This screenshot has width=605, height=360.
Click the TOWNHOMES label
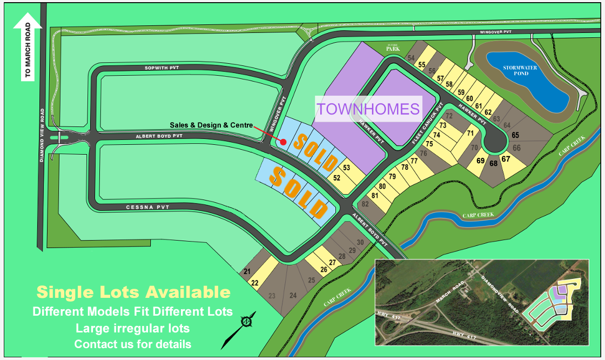coord(368,109)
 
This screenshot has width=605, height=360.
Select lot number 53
coord(346,168)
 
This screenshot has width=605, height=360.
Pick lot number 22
coord(255,282)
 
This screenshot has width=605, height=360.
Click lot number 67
coord(506,159)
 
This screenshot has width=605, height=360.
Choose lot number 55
coord(421,65)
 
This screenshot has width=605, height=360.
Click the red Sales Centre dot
coord(283,142)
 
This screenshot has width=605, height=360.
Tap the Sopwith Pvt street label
coord(162,68)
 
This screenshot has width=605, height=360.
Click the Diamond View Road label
coord(43,135)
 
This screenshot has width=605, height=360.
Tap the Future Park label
coord(392,49)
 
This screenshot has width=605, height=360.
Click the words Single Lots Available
coord(133,292)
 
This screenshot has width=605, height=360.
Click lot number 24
coord(293,296)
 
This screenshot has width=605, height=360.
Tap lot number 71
coord(470,133)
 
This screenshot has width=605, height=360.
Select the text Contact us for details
coord(132,344)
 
